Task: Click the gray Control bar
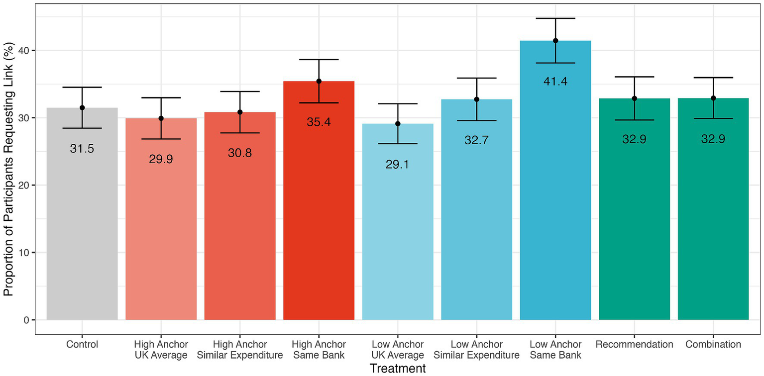click(82, 224)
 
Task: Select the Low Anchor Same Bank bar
click(555, 199)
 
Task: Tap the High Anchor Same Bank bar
click(319, 209)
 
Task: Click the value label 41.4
click(555, 82)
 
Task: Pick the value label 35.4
click(319, 122)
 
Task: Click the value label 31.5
click(82, 149)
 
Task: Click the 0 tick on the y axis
click(27, 320)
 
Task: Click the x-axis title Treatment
click(397, 369)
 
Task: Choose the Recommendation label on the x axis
click(634, 345)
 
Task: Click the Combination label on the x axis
click(713, 345)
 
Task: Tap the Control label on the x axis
click(82, 345)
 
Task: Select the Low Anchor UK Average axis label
click(397, 350)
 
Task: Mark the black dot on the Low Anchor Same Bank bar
click(555, 41)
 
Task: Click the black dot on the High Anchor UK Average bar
click(161, 118)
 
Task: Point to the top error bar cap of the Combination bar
click(713, 78)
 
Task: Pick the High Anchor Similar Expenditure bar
click(240, 224)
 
